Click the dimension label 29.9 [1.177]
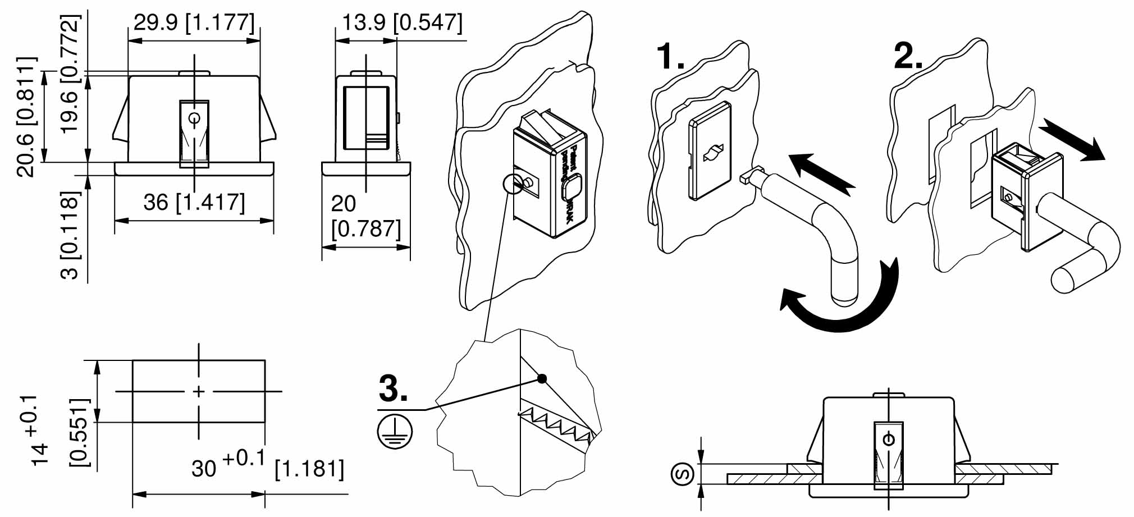tap(194, 23)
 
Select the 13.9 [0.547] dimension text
tap(402, 23)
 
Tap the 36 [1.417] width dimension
tap(194, 203)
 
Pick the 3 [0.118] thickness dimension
tap(71, 236)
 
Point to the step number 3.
tap(393, 388)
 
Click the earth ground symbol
tap(395, 431)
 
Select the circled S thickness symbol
tap(683, 474)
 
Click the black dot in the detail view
tap(542, 378)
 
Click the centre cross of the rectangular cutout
tap(199, 391)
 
